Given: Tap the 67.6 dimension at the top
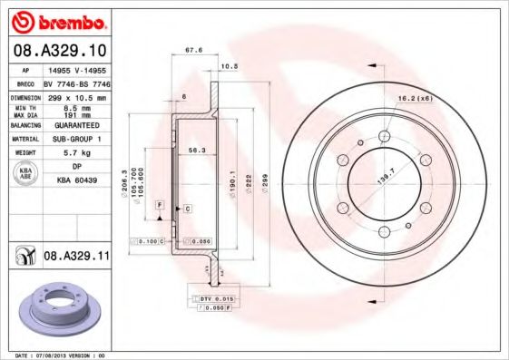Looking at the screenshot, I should coord(193,51).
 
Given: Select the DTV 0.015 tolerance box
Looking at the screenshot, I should coord(211,297).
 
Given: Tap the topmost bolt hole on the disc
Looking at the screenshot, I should coord(384,135).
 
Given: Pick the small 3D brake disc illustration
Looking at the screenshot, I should coord(58,309).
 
